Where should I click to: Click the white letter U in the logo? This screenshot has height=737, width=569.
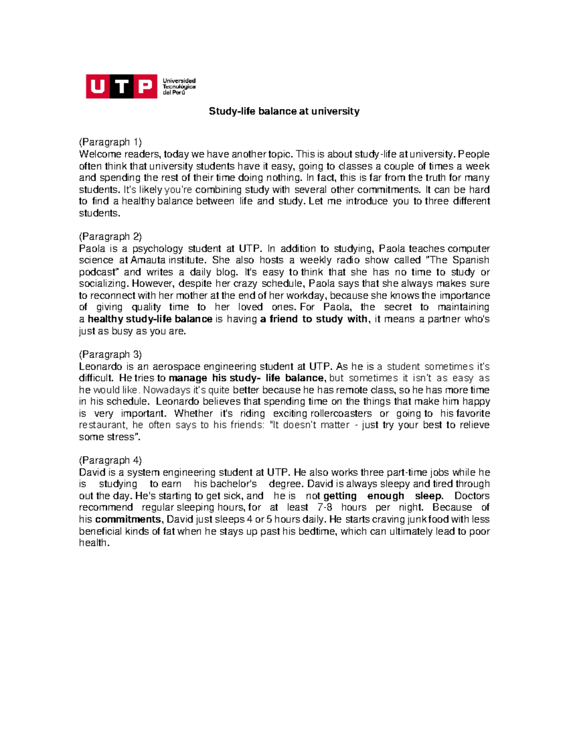98,86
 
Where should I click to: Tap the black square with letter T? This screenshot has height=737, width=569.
122,86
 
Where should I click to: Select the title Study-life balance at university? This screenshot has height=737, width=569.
284,112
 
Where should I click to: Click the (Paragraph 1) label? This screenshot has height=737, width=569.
110,142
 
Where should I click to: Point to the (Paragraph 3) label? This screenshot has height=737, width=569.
110,355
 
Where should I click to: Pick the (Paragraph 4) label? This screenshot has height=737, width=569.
110,460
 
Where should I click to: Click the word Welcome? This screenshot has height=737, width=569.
100,154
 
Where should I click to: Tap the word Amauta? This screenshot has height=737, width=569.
148,260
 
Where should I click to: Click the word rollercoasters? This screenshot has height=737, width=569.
341,413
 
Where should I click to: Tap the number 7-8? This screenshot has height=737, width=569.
325,507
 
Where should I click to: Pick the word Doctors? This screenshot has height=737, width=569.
472,496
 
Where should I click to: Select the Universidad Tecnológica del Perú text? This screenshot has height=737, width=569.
179,86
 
